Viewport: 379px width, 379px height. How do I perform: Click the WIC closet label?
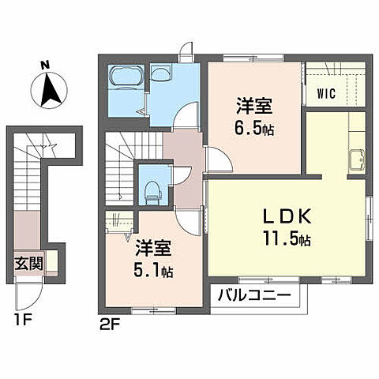(327, 94)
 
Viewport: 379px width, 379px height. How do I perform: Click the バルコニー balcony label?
(255, 297)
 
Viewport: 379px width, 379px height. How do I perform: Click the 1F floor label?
(21, 320)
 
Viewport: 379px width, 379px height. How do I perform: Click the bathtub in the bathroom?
(126, 78)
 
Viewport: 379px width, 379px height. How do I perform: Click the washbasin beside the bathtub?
(161, 74)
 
